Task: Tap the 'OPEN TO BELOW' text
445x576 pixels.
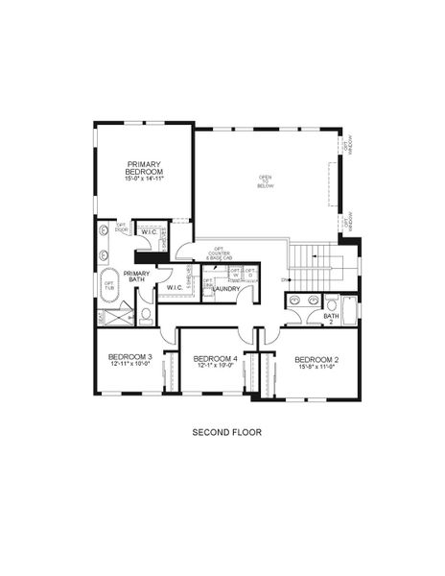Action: click(265, 180)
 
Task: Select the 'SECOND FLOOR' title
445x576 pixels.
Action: click(226, 432)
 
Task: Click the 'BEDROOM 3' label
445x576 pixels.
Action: click(129, 358)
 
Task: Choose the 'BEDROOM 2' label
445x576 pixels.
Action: click(316, 358)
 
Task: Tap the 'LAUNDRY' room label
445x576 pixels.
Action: click(227, 288)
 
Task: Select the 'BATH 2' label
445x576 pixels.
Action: click(331, 318)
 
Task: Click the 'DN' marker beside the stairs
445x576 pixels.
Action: click(285, 279)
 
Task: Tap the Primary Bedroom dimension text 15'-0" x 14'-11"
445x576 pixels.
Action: click(145, 179)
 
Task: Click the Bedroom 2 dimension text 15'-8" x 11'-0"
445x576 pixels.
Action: click(316, 366)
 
